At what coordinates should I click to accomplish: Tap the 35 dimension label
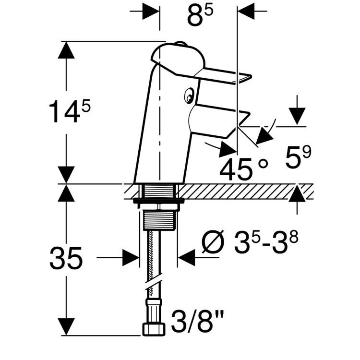66,259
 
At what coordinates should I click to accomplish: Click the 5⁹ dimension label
298,158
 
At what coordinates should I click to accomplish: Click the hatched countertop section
240,192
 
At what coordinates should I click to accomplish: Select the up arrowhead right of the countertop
298,193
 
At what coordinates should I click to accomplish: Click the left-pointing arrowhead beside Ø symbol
187,258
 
